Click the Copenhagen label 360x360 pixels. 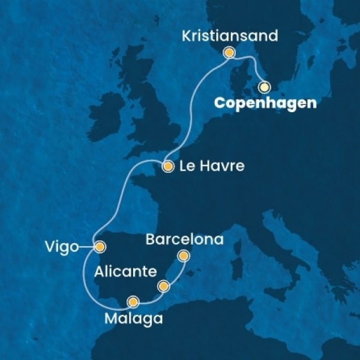(265, 103)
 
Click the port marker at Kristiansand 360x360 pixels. (229, 53)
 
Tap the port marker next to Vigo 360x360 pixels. (100, 245)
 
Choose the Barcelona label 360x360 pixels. (185, 240)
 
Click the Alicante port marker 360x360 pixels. (163, 287)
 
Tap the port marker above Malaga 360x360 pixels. (133, 301)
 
